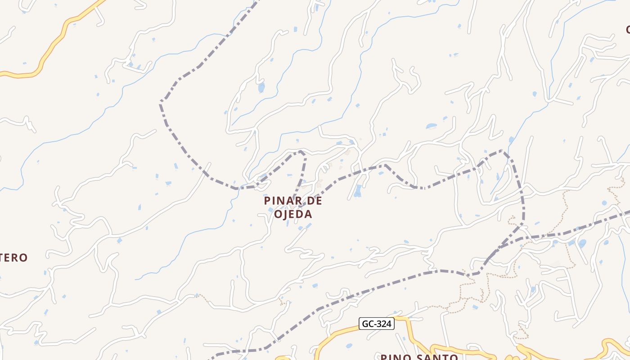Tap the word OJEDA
click(293, 214)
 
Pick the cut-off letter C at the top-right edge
click(627, 30)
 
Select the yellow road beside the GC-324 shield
click(342, 333)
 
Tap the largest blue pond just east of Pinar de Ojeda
click(358, 193)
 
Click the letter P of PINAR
click(268, 201)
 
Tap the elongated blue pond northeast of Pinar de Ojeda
click(431, 126)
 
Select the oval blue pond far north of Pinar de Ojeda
click(261, 87)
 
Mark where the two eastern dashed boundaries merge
click(522, 224)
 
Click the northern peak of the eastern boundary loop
click(502, 151)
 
